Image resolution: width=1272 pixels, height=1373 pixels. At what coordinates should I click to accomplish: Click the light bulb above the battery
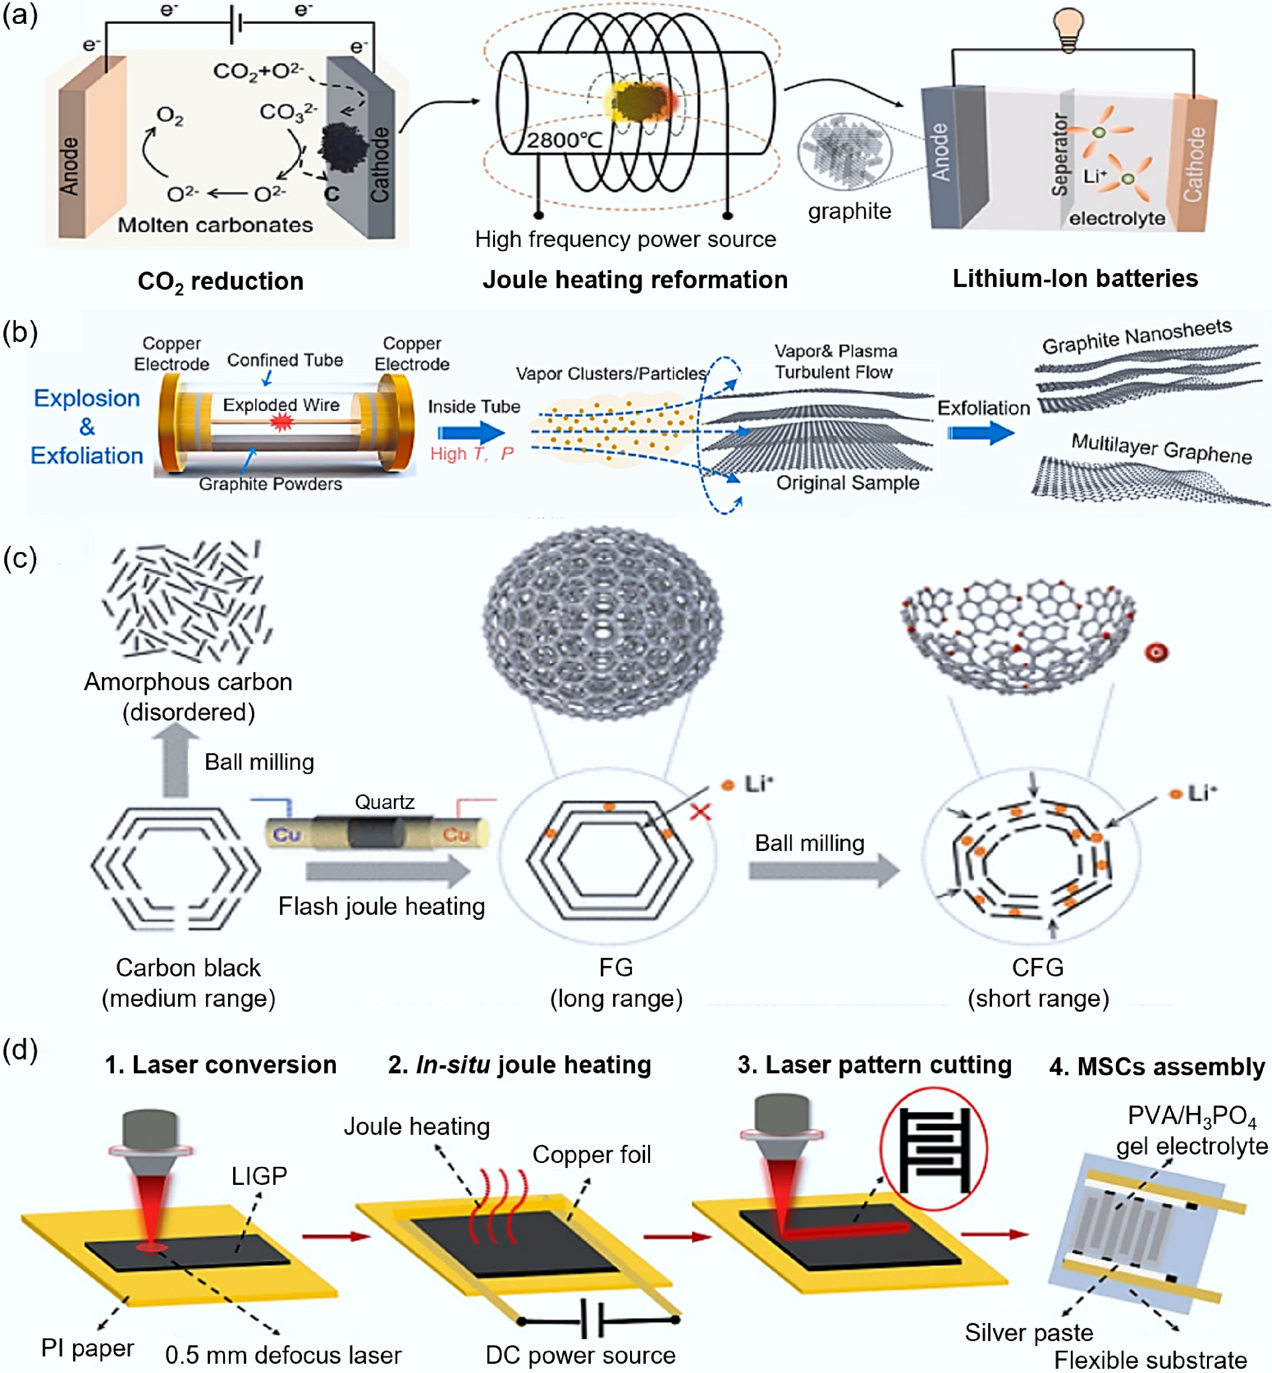[x=1068, y=29]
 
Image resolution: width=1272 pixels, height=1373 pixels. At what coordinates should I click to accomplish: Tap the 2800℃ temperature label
[x=564, y=140]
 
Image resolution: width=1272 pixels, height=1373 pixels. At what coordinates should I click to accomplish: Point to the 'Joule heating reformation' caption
[x=635, y=280]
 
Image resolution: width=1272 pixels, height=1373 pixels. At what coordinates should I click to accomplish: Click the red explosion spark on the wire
[x=281, y=421]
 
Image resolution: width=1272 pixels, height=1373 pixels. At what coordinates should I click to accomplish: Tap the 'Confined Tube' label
[x=285, y=360]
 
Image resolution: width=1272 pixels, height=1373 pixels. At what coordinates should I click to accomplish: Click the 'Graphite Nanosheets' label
[x=1136, y=336]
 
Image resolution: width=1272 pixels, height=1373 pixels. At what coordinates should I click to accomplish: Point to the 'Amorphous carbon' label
[x=188, y=682]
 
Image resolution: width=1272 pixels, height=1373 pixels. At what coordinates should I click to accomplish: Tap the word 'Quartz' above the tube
[x=384, y=802]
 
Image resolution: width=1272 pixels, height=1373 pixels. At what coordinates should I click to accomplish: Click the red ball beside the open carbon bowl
[x=1156, y=652]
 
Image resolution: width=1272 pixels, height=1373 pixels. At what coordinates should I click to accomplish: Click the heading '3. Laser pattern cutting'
[x=874, y=1065]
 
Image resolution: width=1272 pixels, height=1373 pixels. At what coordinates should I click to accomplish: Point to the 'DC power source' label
[x=580, y=1355]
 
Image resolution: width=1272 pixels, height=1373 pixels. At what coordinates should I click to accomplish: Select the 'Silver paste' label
[x=1029, y=1332]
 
